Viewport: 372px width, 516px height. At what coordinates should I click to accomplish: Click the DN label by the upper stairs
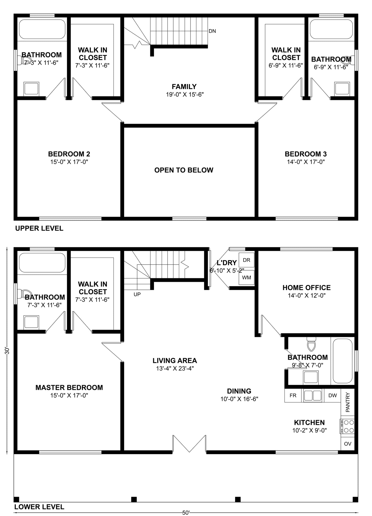pyautogui.click(x=212, y=31)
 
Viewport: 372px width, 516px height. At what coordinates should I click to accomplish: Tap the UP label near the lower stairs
pyautogui.click(x=137, y=294)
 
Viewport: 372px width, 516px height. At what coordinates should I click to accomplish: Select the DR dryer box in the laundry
pyautogui.click(x=246, y=260)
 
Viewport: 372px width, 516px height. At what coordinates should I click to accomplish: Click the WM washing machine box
pyautogui.click(x=246, y=278)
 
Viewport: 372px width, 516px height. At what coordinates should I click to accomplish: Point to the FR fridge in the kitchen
pyautogui.click(x=293, y=395)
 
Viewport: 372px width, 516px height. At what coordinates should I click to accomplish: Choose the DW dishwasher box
pyautogui.click(x=332, y=395)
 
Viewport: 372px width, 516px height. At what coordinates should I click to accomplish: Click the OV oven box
pyautogui.click(x=348, y=444)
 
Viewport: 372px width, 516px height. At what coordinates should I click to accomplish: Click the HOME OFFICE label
pyautogui.click(x=306, y=287)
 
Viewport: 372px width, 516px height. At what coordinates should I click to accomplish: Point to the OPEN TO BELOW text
pyautogui.click(x=184, y=170)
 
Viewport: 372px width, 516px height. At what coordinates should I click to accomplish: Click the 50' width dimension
pyautogui.click(x=186, y=513)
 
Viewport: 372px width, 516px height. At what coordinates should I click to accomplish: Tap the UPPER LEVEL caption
pyautogui.click(x=39, y=228)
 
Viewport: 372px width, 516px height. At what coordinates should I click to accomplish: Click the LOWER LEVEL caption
pyautogui.click(x=39, y=507)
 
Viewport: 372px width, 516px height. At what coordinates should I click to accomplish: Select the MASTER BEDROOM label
pyautogui.click(x=69, y=387)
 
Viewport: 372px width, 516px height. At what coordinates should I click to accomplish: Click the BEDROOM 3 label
pyautogui.click(x=306, y=154)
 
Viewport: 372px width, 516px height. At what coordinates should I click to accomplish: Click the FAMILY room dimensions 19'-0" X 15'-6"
pyautogui.click(x=185, y=95)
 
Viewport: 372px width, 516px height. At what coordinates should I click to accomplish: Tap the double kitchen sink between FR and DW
pyautogui.click(x=313, y=395)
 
